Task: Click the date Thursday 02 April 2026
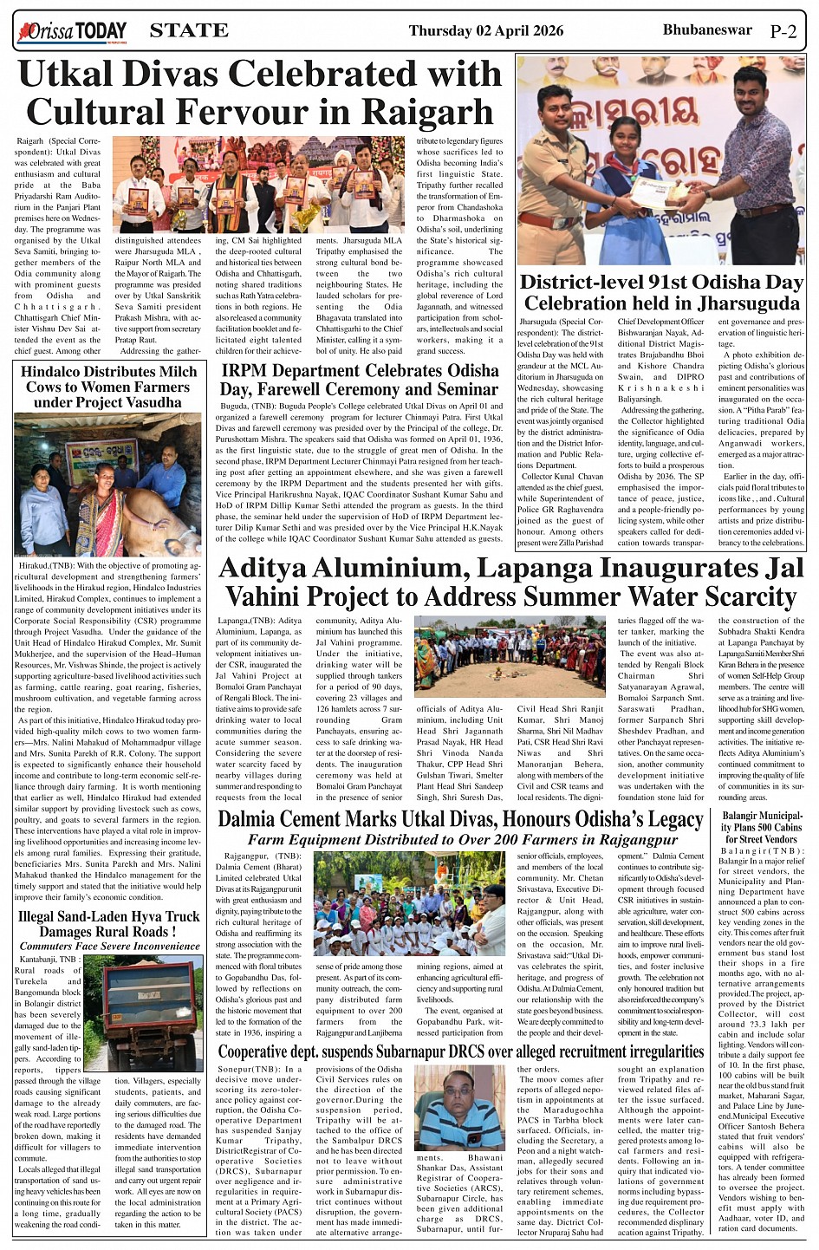coord(485,31)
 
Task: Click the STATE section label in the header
coord(189,31)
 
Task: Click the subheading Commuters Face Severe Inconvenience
coord(109,946)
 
